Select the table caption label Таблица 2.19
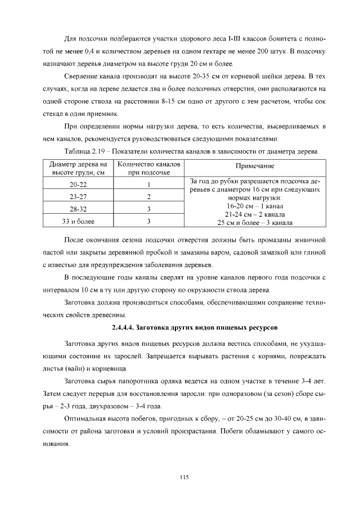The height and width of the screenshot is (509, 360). [x=80, y=152]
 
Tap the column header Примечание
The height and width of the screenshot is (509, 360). [x=255, y=167]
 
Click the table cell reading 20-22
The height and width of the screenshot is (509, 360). [x=78, y=184]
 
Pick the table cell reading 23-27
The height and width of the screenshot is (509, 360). [x=78, y=197]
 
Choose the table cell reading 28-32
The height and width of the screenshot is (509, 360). [x=78, y=209]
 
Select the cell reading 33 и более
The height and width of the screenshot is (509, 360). [x=78, y=222]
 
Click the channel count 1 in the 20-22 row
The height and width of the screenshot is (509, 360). [x=149, y=184]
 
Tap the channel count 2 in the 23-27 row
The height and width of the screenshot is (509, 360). [x=149, y=197]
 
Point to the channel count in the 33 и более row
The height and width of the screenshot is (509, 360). [x=149, y=222]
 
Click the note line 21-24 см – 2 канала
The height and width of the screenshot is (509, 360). [x=255, y=214]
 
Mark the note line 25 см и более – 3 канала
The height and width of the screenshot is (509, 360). [x=255, y=222]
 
